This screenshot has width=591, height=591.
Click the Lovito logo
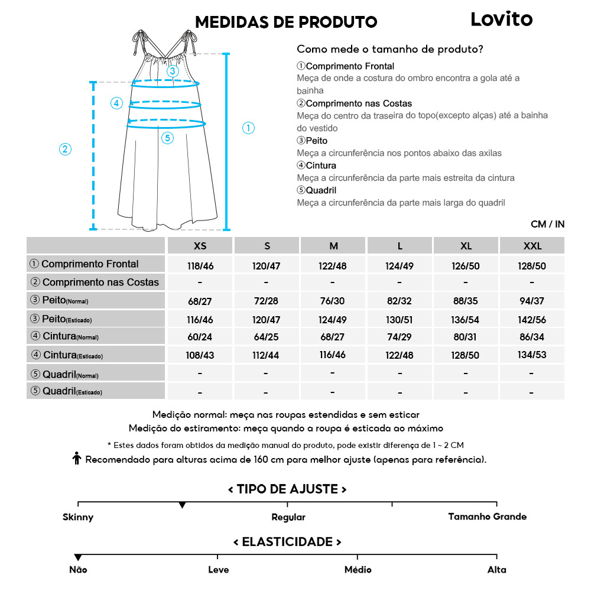(501, 20)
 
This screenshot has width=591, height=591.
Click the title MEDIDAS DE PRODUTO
(286, 22)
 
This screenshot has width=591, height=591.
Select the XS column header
(200, 246)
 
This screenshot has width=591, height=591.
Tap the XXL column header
(532, 246)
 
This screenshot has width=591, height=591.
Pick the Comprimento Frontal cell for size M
(333, 266)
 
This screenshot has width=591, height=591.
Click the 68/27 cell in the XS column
(200, 301)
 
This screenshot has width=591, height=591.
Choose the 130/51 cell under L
(399, 320)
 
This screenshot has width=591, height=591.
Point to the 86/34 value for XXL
(532, 337)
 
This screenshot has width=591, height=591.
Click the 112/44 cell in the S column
(266, 356)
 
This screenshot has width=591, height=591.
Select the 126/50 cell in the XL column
(466, 266)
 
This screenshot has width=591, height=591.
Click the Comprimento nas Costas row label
(95, 282)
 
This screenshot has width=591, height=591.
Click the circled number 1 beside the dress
(249, 128)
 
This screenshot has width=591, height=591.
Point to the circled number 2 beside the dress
(66, 149)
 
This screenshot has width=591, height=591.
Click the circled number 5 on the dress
(167, 138)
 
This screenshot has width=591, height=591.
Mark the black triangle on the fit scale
(183, 505)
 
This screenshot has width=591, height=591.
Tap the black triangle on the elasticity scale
(78, 557)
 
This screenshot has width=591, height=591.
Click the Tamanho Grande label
(487, 517)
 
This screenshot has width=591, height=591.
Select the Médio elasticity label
(358, 570)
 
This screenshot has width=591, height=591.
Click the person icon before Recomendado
(76, 459)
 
